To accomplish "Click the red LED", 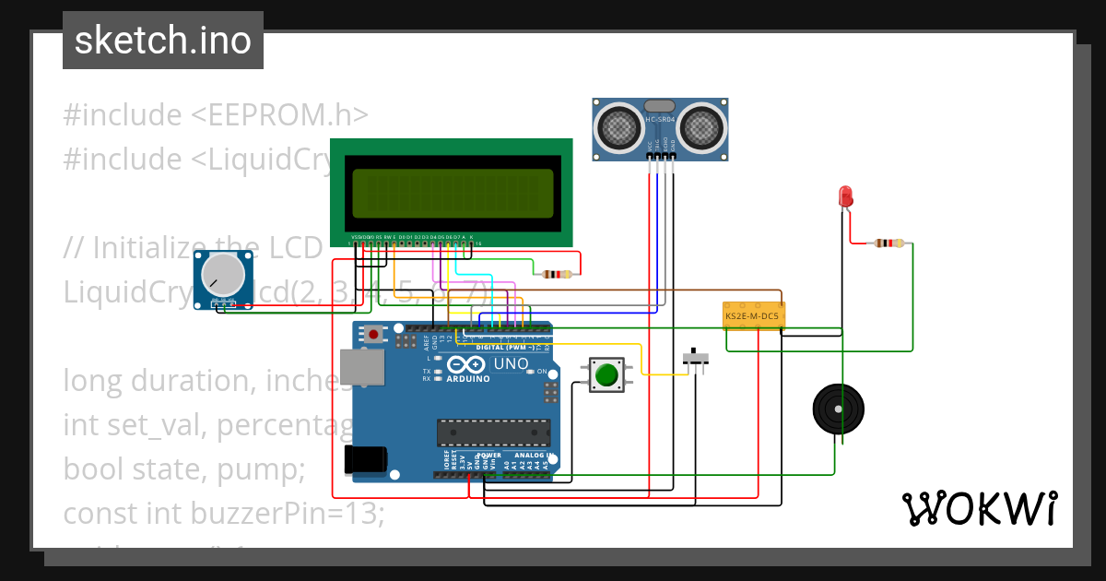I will (x=845, y=196).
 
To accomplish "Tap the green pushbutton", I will (x=606, y=375).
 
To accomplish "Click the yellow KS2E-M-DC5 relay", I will (x=753, y=315).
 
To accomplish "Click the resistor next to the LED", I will (x=888, y=243).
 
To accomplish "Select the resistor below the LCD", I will (x=556, y=274).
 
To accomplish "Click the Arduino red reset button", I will (x=373, y=334).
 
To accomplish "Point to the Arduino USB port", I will (x=356, y=366).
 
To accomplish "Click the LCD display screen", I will (x=452, y=194).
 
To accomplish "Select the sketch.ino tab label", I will (x=163, y=41).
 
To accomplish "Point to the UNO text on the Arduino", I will (x=512, y=363).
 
